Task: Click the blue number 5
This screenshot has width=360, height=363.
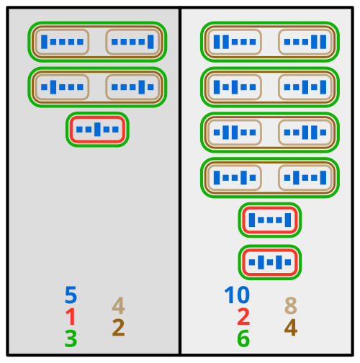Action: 71,295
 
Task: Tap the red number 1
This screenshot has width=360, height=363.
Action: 71,317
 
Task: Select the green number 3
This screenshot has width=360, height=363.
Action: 71,339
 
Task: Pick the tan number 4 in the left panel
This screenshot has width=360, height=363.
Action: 118,305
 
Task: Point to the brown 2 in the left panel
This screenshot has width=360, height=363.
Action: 118,328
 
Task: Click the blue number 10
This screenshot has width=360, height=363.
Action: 237,295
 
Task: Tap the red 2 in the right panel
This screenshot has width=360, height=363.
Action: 243,317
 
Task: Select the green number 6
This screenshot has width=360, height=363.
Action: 243,339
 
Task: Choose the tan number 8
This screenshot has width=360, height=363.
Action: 291,305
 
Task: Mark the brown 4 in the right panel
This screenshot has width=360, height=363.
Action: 291,328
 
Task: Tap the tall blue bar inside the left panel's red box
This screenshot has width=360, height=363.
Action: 97,130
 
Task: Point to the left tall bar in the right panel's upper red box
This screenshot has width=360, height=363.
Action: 252,220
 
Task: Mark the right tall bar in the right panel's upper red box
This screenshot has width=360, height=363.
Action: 288,220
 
